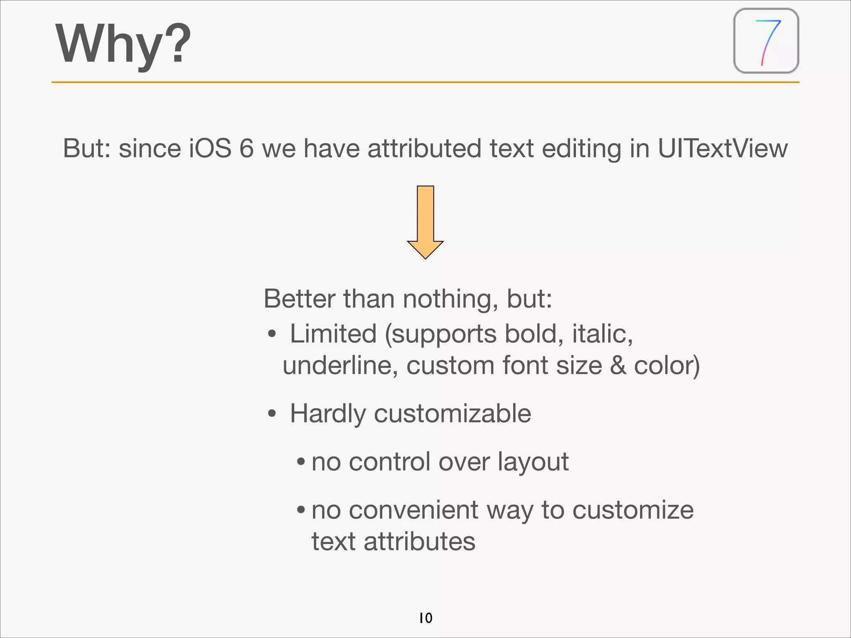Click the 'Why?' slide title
[x=123, y=44]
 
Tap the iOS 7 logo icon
[x=766, y=41]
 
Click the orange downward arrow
[x=425, y=222]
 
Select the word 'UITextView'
[x=722, y=148]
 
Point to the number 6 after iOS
[x=246, y=148]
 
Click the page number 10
[x=425, y=618]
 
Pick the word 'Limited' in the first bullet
[x=333, y=334]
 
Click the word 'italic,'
[x=602, y=334]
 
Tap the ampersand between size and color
[x=618, y=366]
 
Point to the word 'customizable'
[x=452, y=414]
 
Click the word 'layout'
[x=533, y=462]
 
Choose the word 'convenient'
[x=413, y=510]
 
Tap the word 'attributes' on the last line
[x=419, y=542]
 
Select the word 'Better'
[x=299, y=299]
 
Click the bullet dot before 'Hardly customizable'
[x=272, y=414]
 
